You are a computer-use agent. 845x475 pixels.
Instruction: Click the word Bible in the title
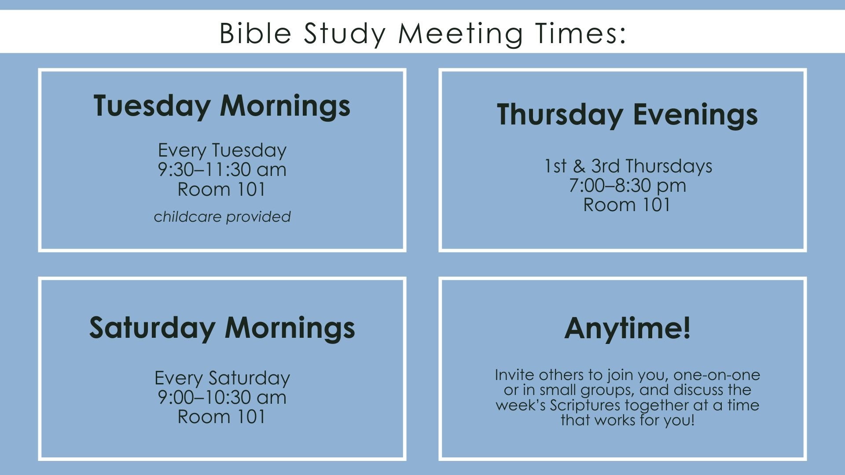pyautogui.click(x=255, y=33)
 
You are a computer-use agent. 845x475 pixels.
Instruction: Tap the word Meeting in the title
pyautogui.click(x=460, y=34)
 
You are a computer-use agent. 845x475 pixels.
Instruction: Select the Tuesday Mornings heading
pyautogui.click(x=222, y=106)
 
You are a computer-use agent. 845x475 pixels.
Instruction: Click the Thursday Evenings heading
pyautogui.click(x=627, y=115)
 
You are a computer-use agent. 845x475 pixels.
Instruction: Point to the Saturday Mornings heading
pyautogui.click(x=222, y=328)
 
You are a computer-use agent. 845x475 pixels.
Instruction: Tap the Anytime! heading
pyautogui.click(x=627, y=328)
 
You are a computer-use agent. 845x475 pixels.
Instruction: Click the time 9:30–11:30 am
pyautogui.click(x=222, y=170)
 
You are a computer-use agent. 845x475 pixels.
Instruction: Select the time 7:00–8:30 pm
pyautogui.click(x=627, y=186)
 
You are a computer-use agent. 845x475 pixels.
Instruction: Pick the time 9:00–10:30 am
pyautogui.click(x=222, y=398)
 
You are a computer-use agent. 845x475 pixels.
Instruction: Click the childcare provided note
pyautogui.click(x=222, y=217)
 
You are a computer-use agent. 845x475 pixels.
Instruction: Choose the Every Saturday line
pyautogui.click(x=222, y=378)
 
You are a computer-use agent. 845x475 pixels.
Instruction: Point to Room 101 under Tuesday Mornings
pyautogui.click(x=221, y=190)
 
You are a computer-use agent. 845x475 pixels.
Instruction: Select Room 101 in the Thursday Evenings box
pyautogui.click(x=627, y=205)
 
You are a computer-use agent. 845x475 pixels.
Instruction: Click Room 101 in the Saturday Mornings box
pyautogui.click(x=221, y=417)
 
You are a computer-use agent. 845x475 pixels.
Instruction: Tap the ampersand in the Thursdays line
pyautogui.click(x=579, y=166)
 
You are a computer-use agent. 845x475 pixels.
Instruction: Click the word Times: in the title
pyautogui.click(x=581, y=33)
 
